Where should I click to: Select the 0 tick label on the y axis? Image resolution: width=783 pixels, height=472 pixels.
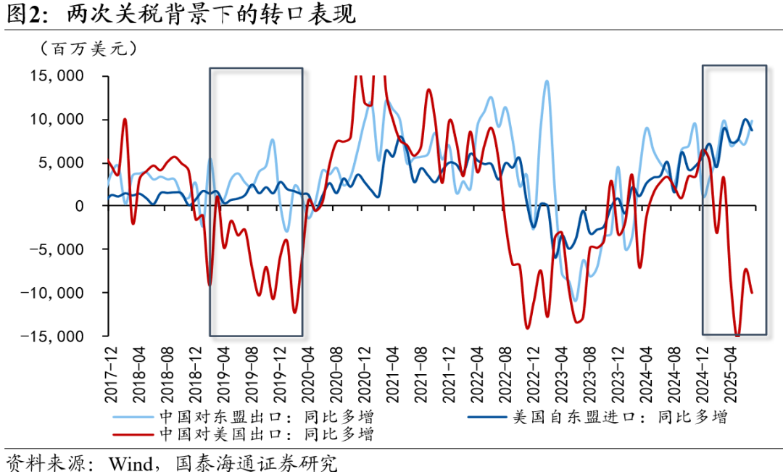click(x=91, y=206)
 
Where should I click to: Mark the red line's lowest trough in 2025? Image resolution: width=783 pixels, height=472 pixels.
click(x=737, y=336)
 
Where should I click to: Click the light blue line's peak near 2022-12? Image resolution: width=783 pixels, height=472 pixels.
click(x=546, y=80)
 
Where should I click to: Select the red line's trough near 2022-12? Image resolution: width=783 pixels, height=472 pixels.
click(x=527, y=328)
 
